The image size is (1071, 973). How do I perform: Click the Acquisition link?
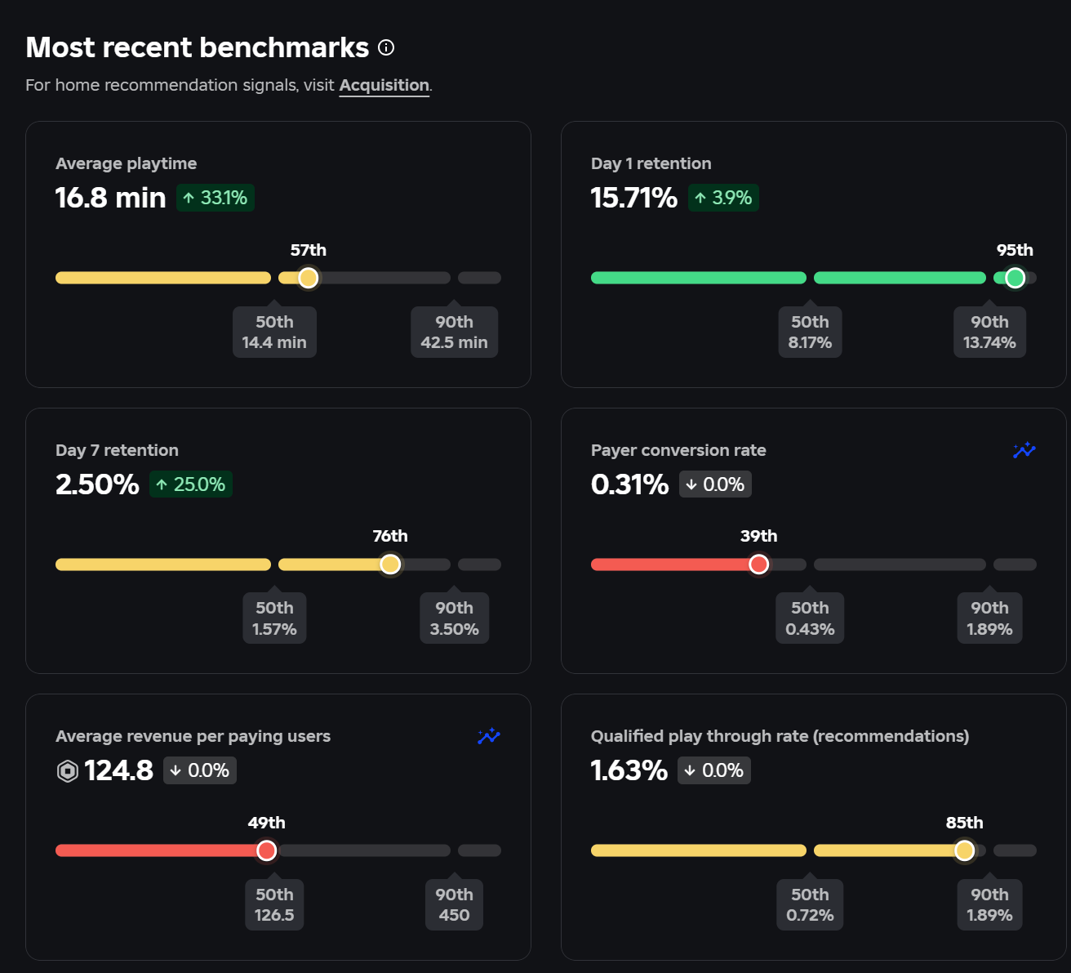(x=384, y=86)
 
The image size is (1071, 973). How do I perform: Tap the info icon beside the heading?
(x=386, y=48)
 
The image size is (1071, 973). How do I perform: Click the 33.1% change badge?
(x=216, y=198)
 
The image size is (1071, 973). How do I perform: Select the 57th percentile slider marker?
(x=308, y=278)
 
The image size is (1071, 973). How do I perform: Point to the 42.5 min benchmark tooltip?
(x=455, y=332)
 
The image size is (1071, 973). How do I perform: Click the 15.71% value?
(x=633, y=198)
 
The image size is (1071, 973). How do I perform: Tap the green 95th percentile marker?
(x=1015, y=278)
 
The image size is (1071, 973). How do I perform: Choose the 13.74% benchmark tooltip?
(x=989, y=332)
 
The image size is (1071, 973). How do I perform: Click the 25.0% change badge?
(x=190, y=484)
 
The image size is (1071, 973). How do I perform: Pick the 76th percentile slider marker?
(x=390, y=565)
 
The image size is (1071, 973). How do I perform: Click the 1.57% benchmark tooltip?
(x=274, y=618)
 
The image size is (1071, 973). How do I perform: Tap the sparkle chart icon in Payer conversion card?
(x=1024, y=450)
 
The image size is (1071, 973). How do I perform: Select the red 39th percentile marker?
(x=758, y=565)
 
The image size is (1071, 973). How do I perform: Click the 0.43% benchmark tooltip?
(x=810, y=618)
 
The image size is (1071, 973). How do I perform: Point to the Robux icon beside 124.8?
(x=68, y=771)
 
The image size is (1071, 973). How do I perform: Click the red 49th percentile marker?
(x=266, y=850)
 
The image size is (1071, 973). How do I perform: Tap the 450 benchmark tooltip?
(x=455, y=904)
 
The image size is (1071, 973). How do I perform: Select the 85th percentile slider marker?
(x=964, y=850)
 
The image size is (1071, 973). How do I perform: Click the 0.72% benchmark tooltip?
(x=810, y=904)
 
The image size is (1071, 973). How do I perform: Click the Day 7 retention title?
(x=117, y=450)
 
